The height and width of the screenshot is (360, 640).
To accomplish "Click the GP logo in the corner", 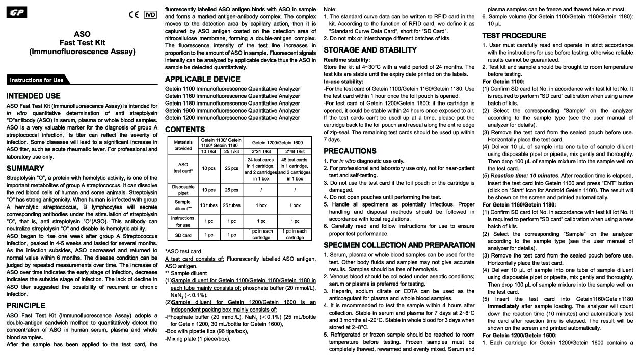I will pos(16,12).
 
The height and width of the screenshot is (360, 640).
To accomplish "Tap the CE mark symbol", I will pos(134,15).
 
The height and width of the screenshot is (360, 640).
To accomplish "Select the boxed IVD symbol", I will pos(150,15).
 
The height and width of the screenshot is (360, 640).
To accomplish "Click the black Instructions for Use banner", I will pos(37,80).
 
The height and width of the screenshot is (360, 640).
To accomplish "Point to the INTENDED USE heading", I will pos(34,96).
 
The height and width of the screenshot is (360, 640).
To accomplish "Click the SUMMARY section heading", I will pos(25,168).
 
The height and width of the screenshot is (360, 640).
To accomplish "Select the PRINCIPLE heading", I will pos(26,305).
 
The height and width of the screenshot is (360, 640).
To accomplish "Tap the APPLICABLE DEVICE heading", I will pos(203,79).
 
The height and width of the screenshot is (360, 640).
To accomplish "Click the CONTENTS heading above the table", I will pos(185,130).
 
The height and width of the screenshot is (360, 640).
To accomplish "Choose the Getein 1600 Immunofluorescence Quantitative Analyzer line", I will pos(232,110).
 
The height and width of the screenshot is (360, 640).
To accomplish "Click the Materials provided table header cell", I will pos(183,145).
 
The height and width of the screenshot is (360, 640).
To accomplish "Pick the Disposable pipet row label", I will pos(183,190).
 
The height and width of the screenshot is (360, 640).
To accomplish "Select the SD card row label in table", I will pos(183,235).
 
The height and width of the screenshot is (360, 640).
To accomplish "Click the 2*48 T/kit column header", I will pos(295,151).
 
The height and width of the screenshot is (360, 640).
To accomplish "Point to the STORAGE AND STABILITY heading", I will pos(370,50).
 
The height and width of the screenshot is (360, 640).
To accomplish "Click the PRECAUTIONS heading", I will pos(350,151).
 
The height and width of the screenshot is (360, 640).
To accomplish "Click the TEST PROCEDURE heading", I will pos(514,36).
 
